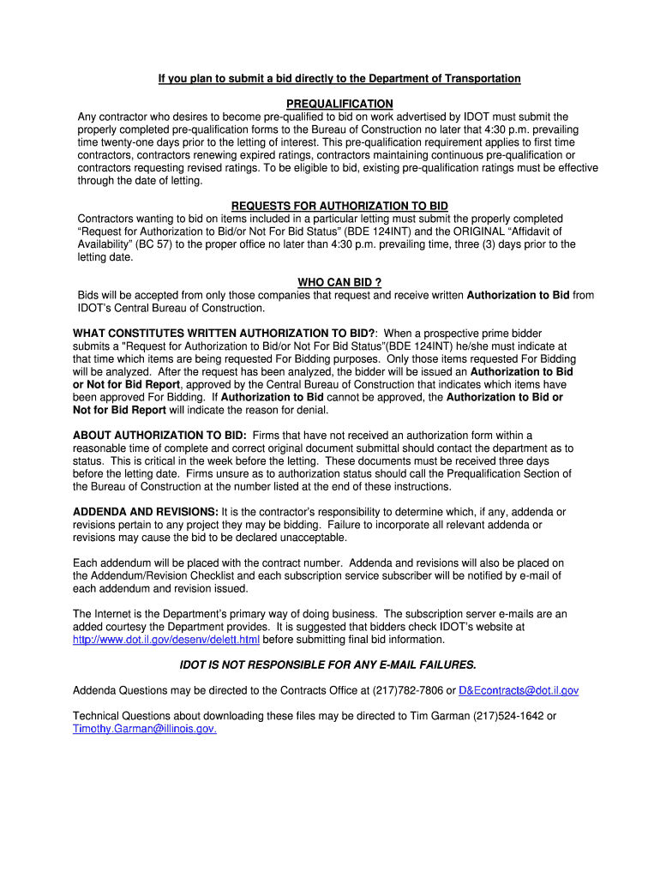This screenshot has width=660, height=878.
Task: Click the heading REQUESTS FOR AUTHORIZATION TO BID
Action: [339, 207]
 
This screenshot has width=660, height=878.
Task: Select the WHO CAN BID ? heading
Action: [339, 282]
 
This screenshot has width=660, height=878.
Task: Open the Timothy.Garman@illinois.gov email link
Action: [144, 729]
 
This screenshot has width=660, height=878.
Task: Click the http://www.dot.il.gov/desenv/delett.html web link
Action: [165, 640]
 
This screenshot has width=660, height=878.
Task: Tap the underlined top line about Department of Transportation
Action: [339, 79]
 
